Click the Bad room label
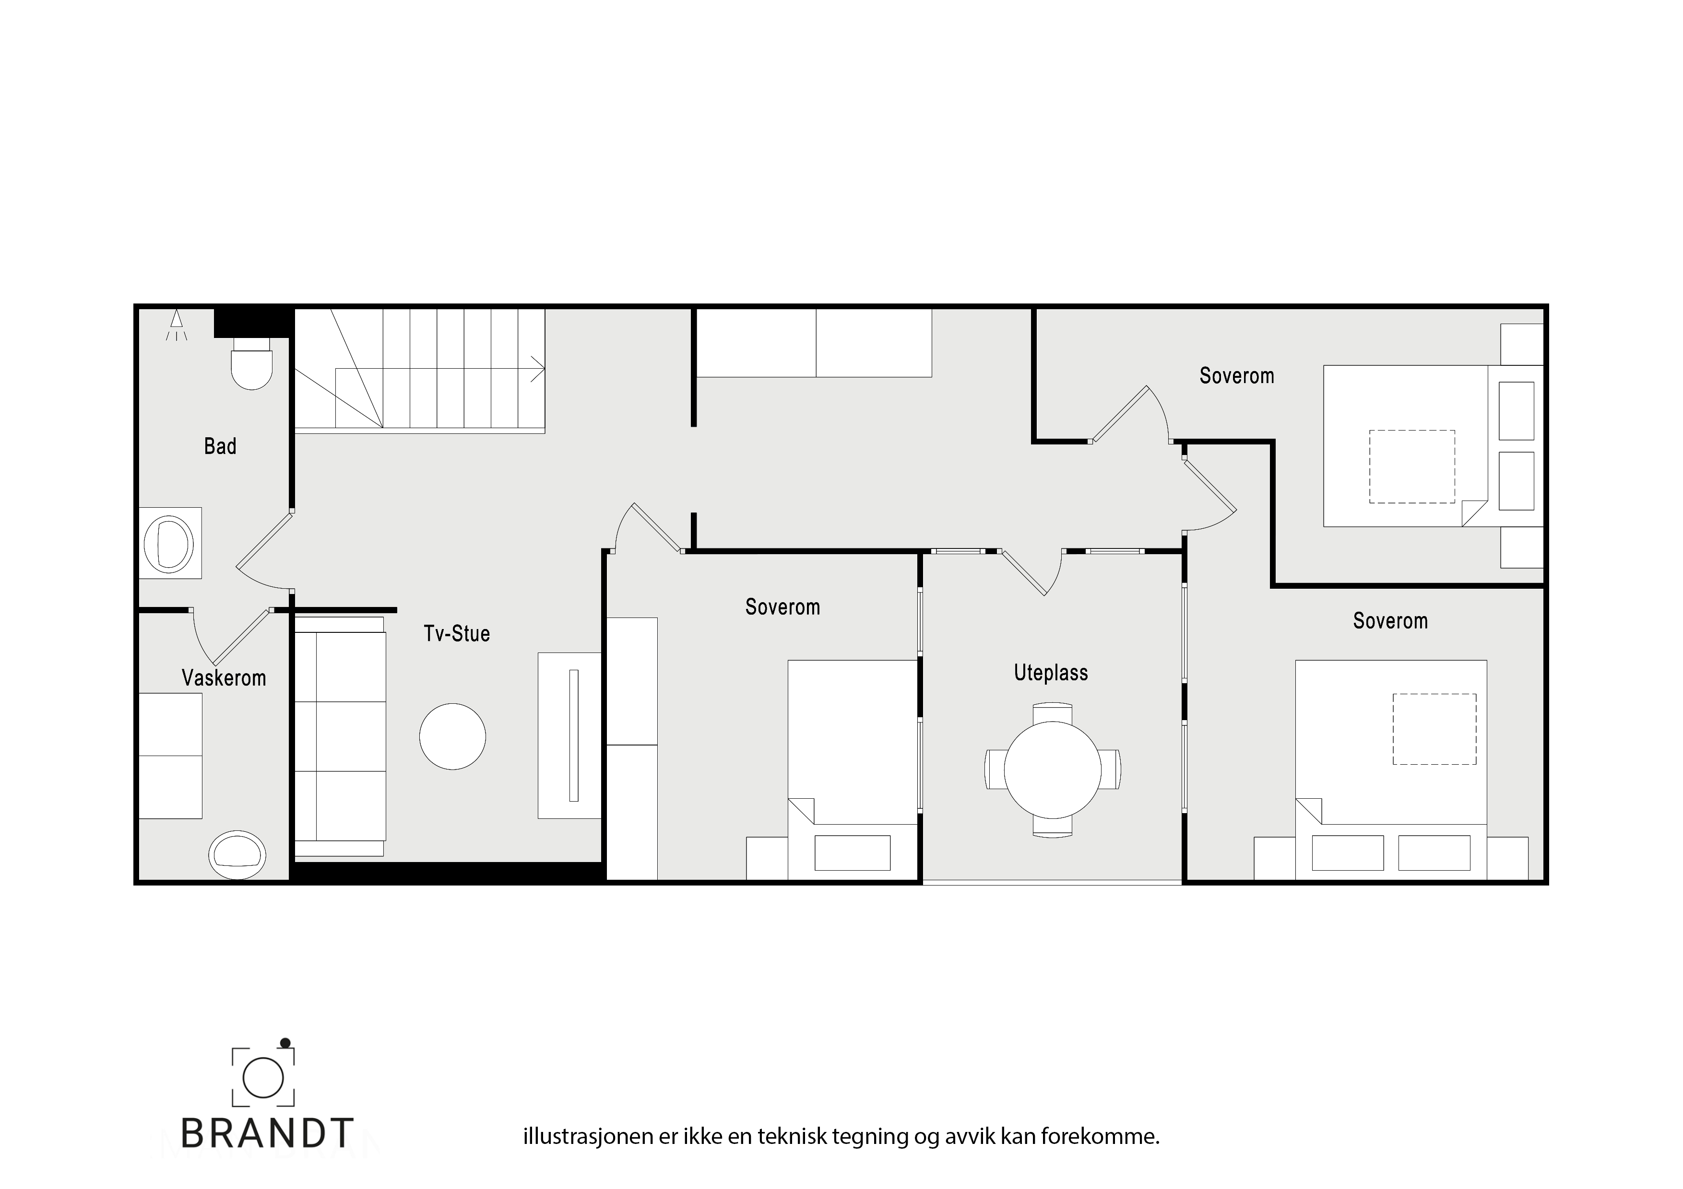pos(220,446)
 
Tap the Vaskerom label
pos(224,677)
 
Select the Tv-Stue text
pos(457,633)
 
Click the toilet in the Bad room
pos(251,362)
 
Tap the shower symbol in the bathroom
pos(176,325)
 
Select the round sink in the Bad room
pos(169,543)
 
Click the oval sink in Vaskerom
pos(237,854)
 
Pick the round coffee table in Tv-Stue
pos(452,736)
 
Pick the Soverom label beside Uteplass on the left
pos(782,606)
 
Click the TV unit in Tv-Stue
pos(569,735)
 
